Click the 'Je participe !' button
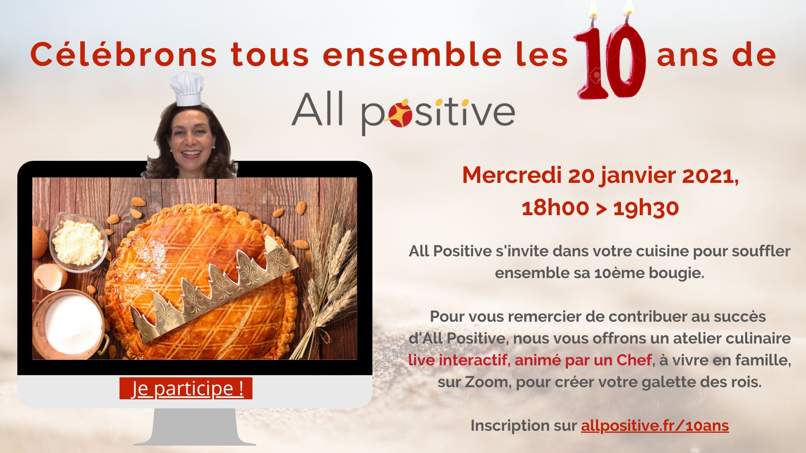(x=186, y=388)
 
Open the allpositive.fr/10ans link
(x=655, y=426)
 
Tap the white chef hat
(x=187, y=89)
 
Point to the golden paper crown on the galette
(x=214, y=289)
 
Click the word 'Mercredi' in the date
(x=512, y=175)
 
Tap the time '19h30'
(x=646, y=208)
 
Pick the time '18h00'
(x=555, y=208)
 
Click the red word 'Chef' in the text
(x=634, y=360)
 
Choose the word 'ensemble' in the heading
(x=412, y=55)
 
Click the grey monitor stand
(x=195, y=427)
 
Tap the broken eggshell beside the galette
(x=50, y=277)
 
